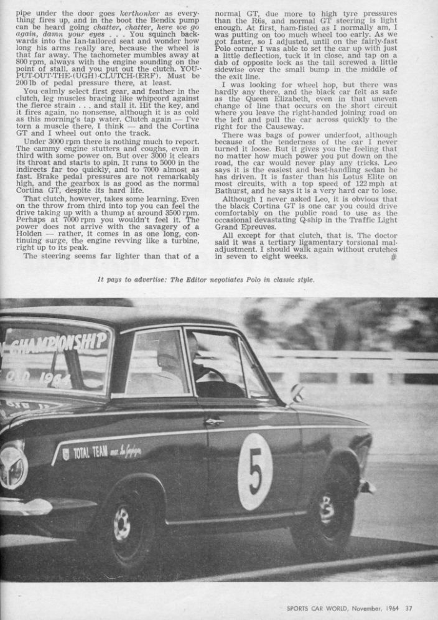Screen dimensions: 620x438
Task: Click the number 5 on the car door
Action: tap(255, 471)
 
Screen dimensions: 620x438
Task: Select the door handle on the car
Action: tap(213, 421)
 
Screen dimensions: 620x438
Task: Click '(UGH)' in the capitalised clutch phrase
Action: tap(86, 77)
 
